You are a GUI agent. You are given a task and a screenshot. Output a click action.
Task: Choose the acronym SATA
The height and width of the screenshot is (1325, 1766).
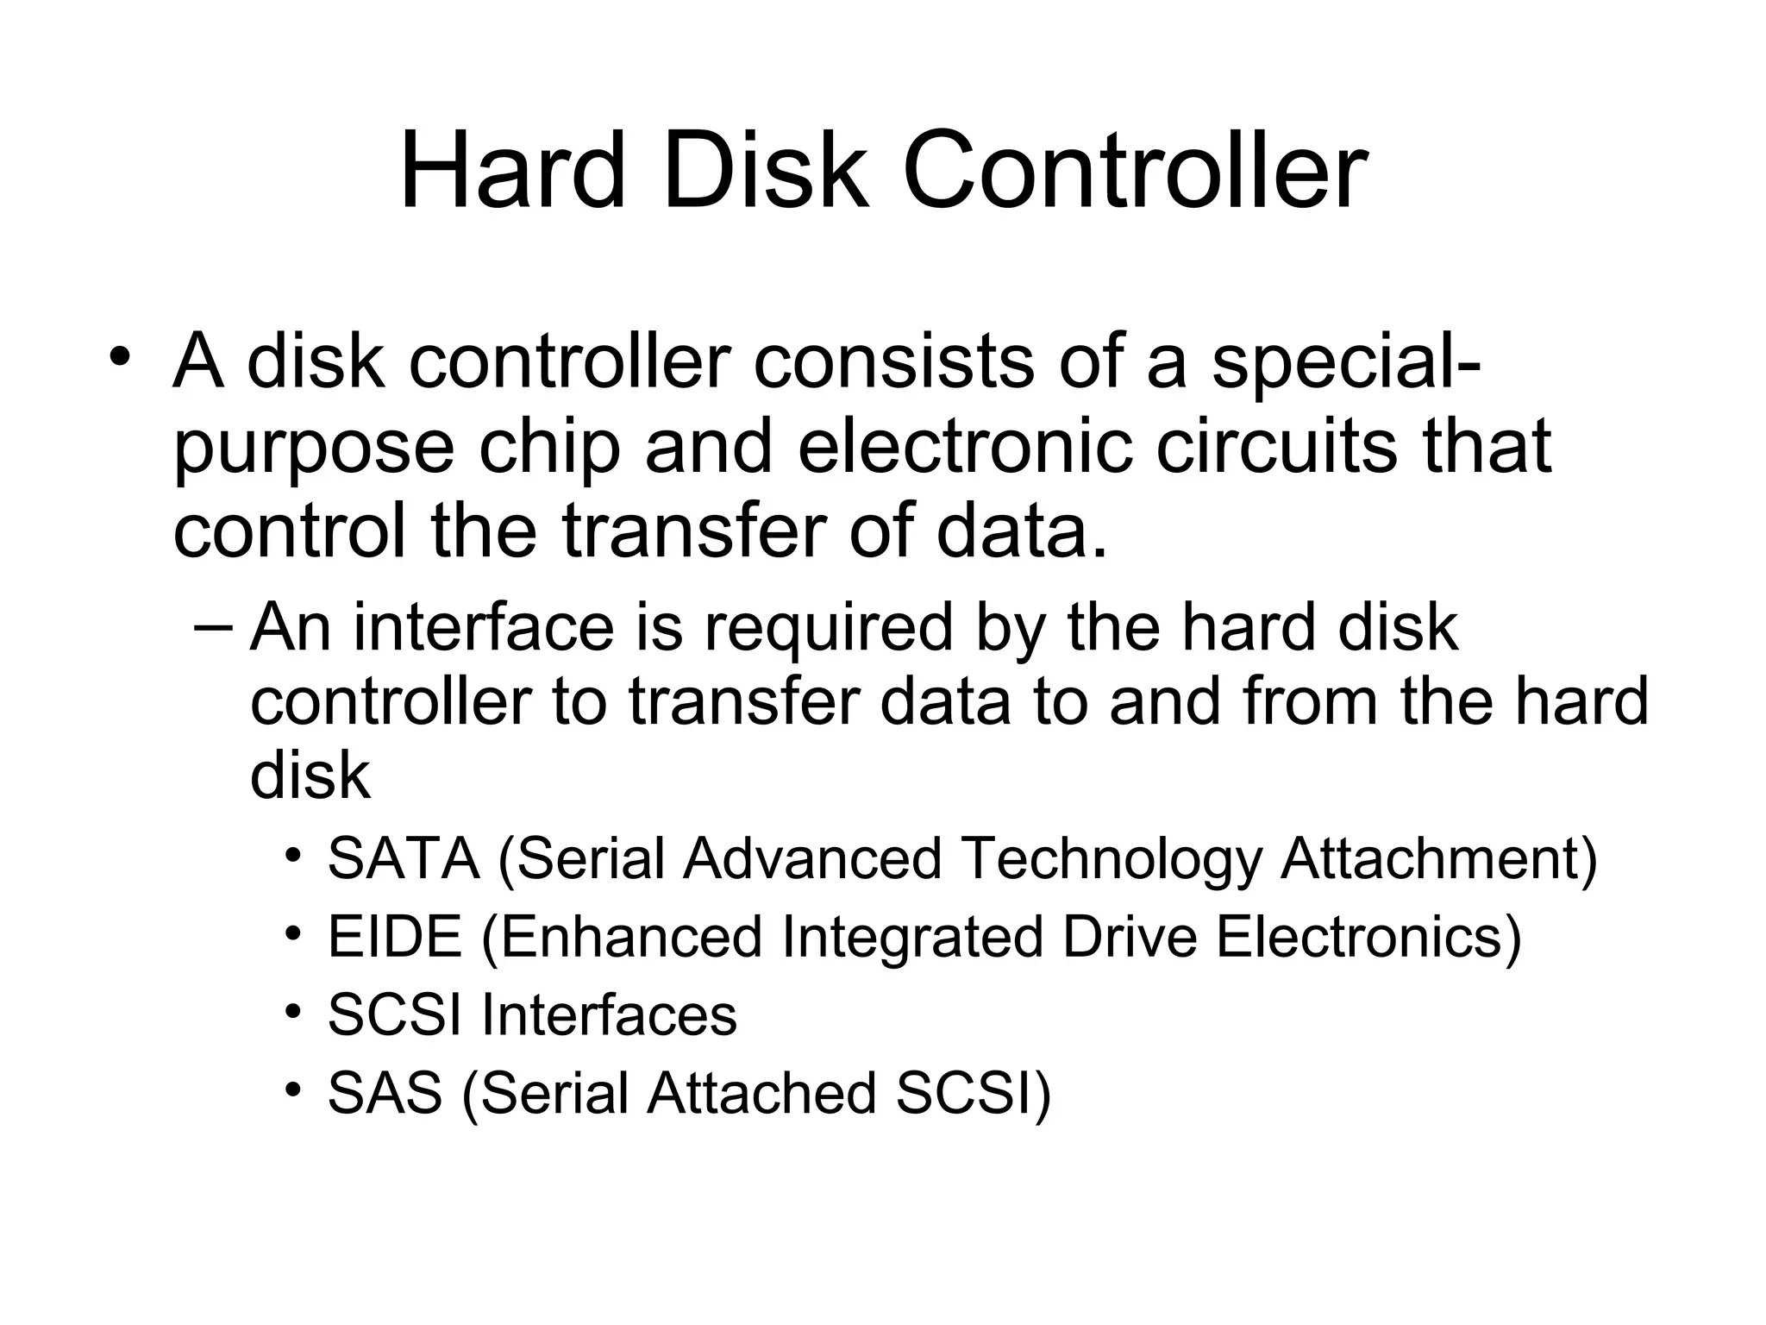[x=404, y=859]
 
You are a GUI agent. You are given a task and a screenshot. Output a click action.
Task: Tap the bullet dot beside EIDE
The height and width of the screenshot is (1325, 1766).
[x=294, y=933]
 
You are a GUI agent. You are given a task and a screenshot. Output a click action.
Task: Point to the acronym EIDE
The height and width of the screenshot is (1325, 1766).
[x=395, y=937]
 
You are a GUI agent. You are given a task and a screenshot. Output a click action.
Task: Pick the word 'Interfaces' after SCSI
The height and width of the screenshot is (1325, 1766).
[x=609, y=1015]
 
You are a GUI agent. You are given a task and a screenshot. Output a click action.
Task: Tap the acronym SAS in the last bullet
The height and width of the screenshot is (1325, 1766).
[x=385, y=1093]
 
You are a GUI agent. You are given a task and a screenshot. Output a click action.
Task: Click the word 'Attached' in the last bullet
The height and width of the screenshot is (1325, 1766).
[x=762, y=1093]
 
